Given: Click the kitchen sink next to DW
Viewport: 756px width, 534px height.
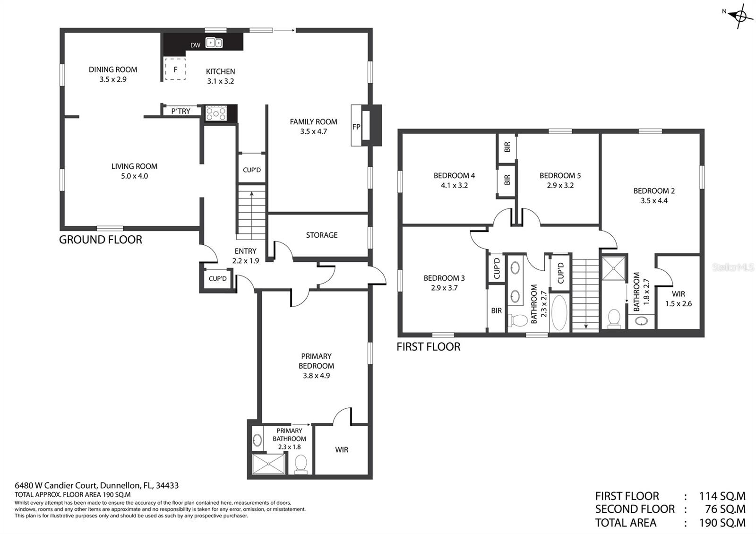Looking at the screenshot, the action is [x=214, y=43].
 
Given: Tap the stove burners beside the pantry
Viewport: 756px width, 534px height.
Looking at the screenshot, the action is [x=216, y=113].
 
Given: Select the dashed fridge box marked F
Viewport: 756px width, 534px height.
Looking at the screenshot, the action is [x=175, y=69].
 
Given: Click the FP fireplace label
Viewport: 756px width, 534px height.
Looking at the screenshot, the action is [x=356, y=127].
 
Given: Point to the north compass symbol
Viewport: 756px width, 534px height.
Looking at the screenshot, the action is [x=739, y=16].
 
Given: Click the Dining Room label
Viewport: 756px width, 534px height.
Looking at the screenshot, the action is [x=113, y=69].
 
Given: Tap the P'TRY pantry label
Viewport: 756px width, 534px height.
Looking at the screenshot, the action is [x=180, y=111].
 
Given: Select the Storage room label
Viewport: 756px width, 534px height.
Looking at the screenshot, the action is [x=322, y=235].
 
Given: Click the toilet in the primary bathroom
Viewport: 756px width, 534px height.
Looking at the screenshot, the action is [x=301, y=464].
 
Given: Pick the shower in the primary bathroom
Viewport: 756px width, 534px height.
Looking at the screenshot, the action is [x=269, y=464].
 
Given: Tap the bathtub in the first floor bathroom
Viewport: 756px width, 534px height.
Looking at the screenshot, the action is [x=559, y=312].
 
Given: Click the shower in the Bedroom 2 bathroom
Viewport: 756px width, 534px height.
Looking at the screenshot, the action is [x=613, y=268].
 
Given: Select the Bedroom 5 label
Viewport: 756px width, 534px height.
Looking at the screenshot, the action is [x=560, y=175].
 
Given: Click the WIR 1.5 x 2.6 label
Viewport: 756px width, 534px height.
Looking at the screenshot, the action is [x=679, y=299].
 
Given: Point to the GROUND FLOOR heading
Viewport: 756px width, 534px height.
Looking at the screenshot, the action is [x=101, y=240].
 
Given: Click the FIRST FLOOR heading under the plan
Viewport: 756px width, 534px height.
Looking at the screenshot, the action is [x=428, y=347].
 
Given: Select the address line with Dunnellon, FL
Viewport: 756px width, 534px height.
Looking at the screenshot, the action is [x=96, y=485].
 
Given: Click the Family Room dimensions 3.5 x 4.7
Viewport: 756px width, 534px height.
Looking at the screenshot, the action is [x=314, y=132].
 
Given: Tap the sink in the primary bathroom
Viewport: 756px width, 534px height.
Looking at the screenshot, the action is [x=257, y=440].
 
